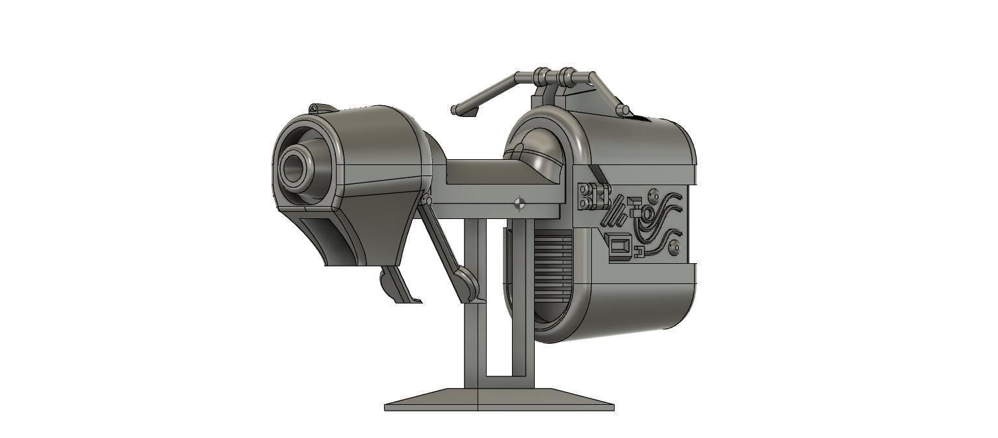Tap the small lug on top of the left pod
coord(314,108)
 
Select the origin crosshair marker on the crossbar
coord(518,204)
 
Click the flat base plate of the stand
coord(499,400)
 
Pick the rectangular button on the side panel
coord(620,248)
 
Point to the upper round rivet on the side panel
coord(654,196)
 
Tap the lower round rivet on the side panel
coord(674,247)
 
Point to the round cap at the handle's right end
coord(624,111)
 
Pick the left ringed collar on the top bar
coord(541,77)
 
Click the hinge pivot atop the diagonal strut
coord(425,201)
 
